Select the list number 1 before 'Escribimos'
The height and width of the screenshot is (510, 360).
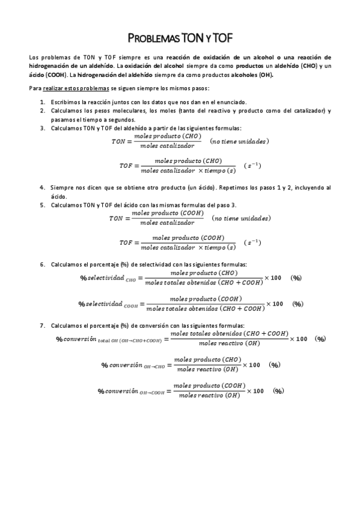tap(43, 103)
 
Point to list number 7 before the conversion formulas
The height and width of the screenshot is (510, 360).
tap(43, 325)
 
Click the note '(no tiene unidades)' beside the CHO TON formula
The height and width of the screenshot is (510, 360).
tap(240, 141)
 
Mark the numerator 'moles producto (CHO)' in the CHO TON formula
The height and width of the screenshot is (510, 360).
tap(168, 137)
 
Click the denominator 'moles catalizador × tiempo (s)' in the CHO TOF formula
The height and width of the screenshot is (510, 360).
tap(188, 170)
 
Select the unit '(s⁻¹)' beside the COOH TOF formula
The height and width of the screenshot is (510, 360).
tap(252, 242)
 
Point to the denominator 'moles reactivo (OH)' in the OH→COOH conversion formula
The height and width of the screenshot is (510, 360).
tap(209, 396)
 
